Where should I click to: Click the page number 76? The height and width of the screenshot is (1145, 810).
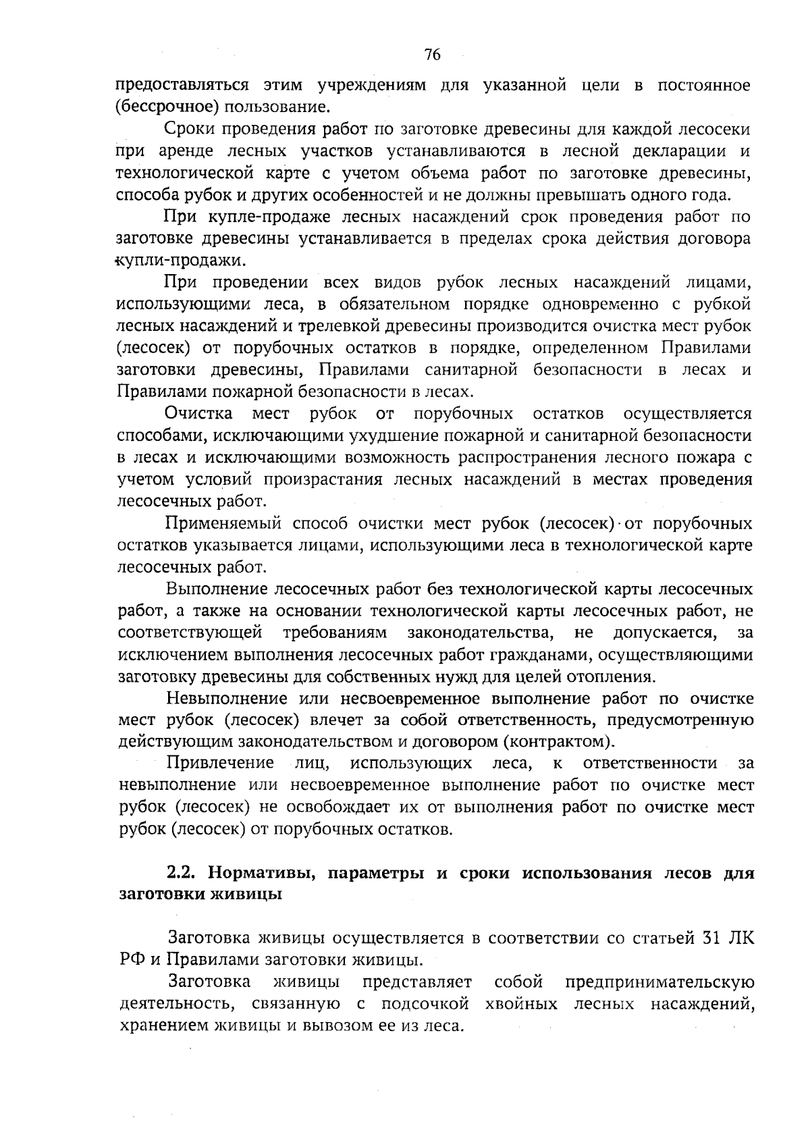(433, 55)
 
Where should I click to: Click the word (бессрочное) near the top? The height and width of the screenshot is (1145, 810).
(159, 107)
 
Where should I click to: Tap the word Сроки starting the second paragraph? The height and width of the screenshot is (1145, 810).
(191, 130)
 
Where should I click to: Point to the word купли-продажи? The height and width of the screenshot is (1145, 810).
(180, 261)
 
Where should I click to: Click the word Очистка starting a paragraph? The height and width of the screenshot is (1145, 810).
(199, 413)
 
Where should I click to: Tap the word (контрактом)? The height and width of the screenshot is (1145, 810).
(560, 742)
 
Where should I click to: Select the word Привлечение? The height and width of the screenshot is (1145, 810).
(220, 764)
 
